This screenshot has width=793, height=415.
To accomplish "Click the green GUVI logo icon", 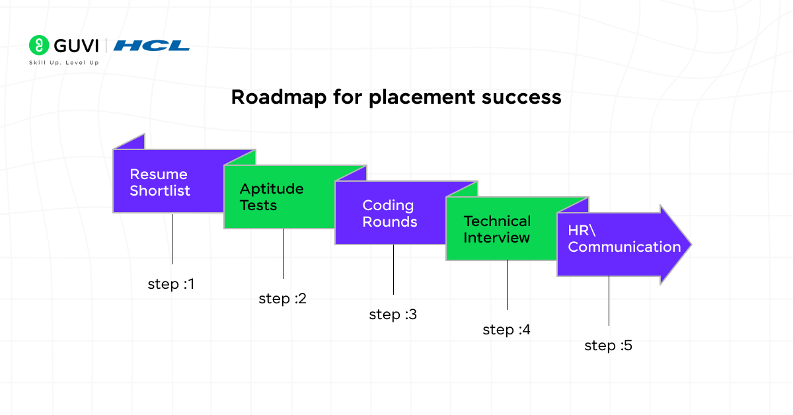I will click(x=39, y=45).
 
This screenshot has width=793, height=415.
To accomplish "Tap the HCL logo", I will click(x=151, y=46).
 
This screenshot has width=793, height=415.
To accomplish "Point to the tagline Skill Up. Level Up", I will click(x=63, y=63).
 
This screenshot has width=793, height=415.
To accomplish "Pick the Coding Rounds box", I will click(x=389, y=213).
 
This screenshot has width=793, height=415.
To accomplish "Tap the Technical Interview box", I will click(x=497, y=229).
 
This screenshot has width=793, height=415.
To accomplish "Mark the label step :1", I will click(x=171, y=284).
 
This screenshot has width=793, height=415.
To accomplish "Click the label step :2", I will click(x=282, y=299).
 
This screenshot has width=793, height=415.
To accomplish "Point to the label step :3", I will click(x=393, y=315).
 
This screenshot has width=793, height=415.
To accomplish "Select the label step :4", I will click(x=506, y=330).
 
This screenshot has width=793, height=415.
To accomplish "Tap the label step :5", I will click(x=608, y=345).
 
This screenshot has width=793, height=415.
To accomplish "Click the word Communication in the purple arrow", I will click(x=624, y=247).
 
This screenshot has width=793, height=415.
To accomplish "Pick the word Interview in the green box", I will click(x=496, y=237).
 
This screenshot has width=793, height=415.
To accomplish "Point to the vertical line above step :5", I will click(x=609, y=301).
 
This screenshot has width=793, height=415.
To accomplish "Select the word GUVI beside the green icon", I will click(x=75, y=46).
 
